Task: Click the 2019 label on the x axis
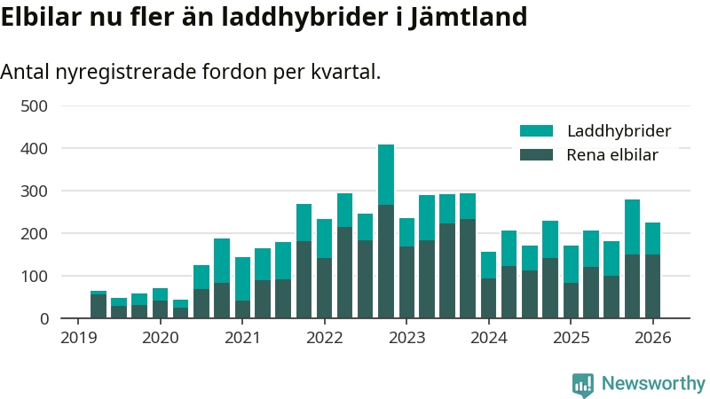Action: point(78,338)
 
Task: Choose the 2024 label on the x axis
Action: point(488,338)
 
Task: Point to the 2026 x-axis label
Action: point(652,338)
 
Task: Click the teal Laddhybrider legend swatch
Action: point(536,131)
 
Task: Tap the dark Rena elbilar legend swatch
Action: point(536,155)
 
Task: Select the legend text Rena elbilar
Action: point(611,155)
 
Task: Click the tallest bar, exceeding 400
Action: point(386,231)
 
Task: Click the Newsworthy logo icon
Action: point(583,384)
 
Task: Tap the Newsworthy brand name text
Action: point(653,384)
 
